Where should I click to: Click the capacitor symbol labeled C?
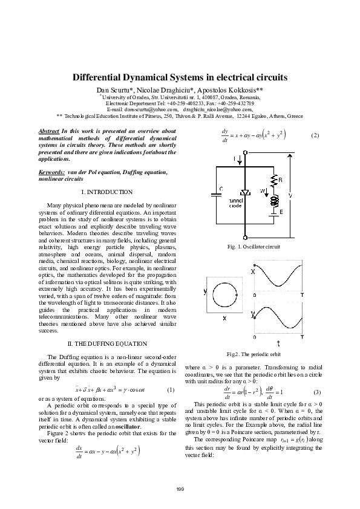coord(215,195)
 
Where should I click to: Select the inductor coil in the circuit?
coord(273,202)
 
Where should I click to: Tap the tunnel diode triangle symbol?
coord(245,193)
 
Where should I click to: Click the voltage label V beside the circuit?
coord(291,195)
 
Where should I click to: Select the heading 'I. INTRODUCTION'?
coord(106,192)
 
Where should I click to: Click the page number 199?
coord(180,488)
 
